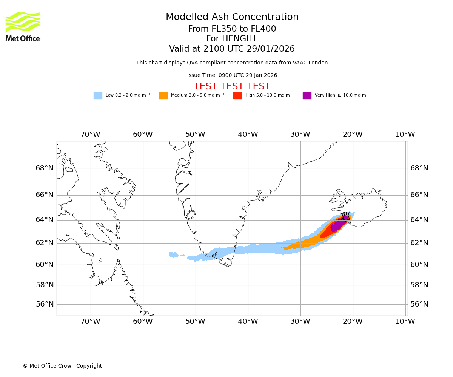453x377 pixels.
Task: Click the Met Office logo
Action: tap(23, 26)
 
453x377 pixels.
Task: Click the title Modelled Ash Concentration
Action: tap(232, 17)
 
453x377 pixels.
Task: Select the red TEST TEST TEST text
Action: tap(232, 86)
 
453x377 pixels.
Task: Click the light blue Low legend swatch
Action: tap(98, 96)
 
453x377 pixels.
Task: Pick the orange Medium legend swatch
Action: tap(163, 96)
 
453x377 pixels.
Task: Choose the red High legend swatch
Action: tap(237, 96)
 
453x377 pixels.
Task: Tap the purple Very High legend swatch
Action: tap(307, 96)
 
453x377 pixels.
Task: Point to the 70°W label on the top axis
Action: tap(90, 135)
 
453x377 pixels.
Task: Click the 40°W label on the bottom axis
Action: tap(248, 322)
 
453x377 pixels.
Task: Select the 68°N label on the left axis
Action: tap(45, 168)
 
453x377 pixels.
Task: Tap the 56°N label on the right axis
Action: tap(419, 304)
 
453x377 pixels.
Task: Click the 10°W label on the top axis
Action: tap(405, 135)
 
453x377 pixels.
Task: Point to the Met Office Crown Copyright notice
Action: tap(62, 366)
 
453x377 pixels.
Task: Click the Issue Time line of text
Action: tap(232, 75)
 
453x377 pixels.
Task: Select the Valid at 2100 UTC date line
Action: tap(232, 49)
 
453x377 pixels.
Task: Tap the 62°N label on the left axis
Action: tap(45, 243)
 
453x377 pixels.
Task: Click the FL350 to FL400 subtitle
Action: tap(232, 29)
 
